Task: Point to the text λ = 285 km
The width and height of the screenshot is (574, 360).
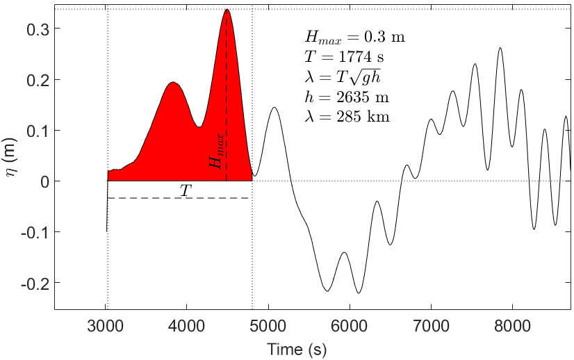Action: (347, 117)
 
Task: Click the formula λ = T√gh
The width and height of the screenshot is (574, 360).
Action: (341, 77)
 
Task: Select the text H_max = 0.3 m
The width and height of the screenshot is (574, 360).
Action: (354, 38)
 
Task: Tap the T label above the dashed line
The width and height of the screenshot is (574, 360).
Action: (186, 189)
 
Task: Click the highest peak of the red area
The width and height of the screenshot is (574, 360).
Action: (227, 10)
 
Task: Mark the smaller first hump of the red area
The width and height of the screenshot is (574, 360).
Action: (174, 83)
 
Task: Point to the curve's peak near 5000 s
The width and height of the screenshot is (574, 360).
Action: (274, 108)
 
